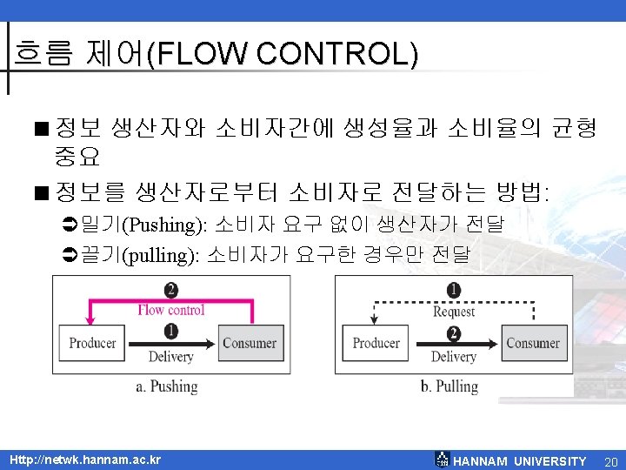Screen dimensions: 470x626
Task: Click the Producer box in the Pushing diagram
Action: tap(92, 343)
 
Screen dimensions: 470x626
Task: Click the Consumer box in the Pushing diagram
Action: tap(250, 343)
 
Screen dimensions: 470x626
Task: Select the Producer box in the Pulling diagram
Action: tap(376, 343)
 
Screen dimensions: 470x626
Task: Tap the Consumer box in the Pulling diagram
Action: tap(533, 343)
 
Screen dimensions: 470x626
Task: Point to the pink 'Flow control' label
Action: tap(171, 310)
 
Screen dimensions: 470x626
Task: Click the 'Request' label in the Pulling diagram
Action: tap(454, 311)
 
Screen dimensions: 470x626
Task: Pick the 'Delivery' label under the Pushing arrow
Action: tap(170, 357)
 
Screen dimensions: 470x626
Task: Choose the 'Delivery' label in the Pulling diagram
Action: tap(454, 357)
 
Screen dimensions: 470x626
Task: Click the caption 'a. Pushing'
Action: tap(167, 386)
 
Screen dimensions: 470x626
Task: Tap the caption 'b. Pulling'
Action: tap(450, 386)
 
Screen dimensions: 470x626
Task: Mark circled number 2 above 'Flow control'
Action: tap(171, 291)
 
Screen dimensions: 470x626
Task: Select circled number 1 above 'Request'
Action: tap(454, 291)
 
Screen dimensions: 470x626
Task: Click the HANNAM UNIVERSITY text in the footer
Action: tap(520, 461)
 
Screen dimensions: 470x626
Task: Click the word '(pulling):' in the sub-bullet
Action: tap(163, 255)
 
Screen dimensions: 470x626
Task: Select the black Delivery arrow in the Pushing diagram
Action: tap(187, 343)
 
